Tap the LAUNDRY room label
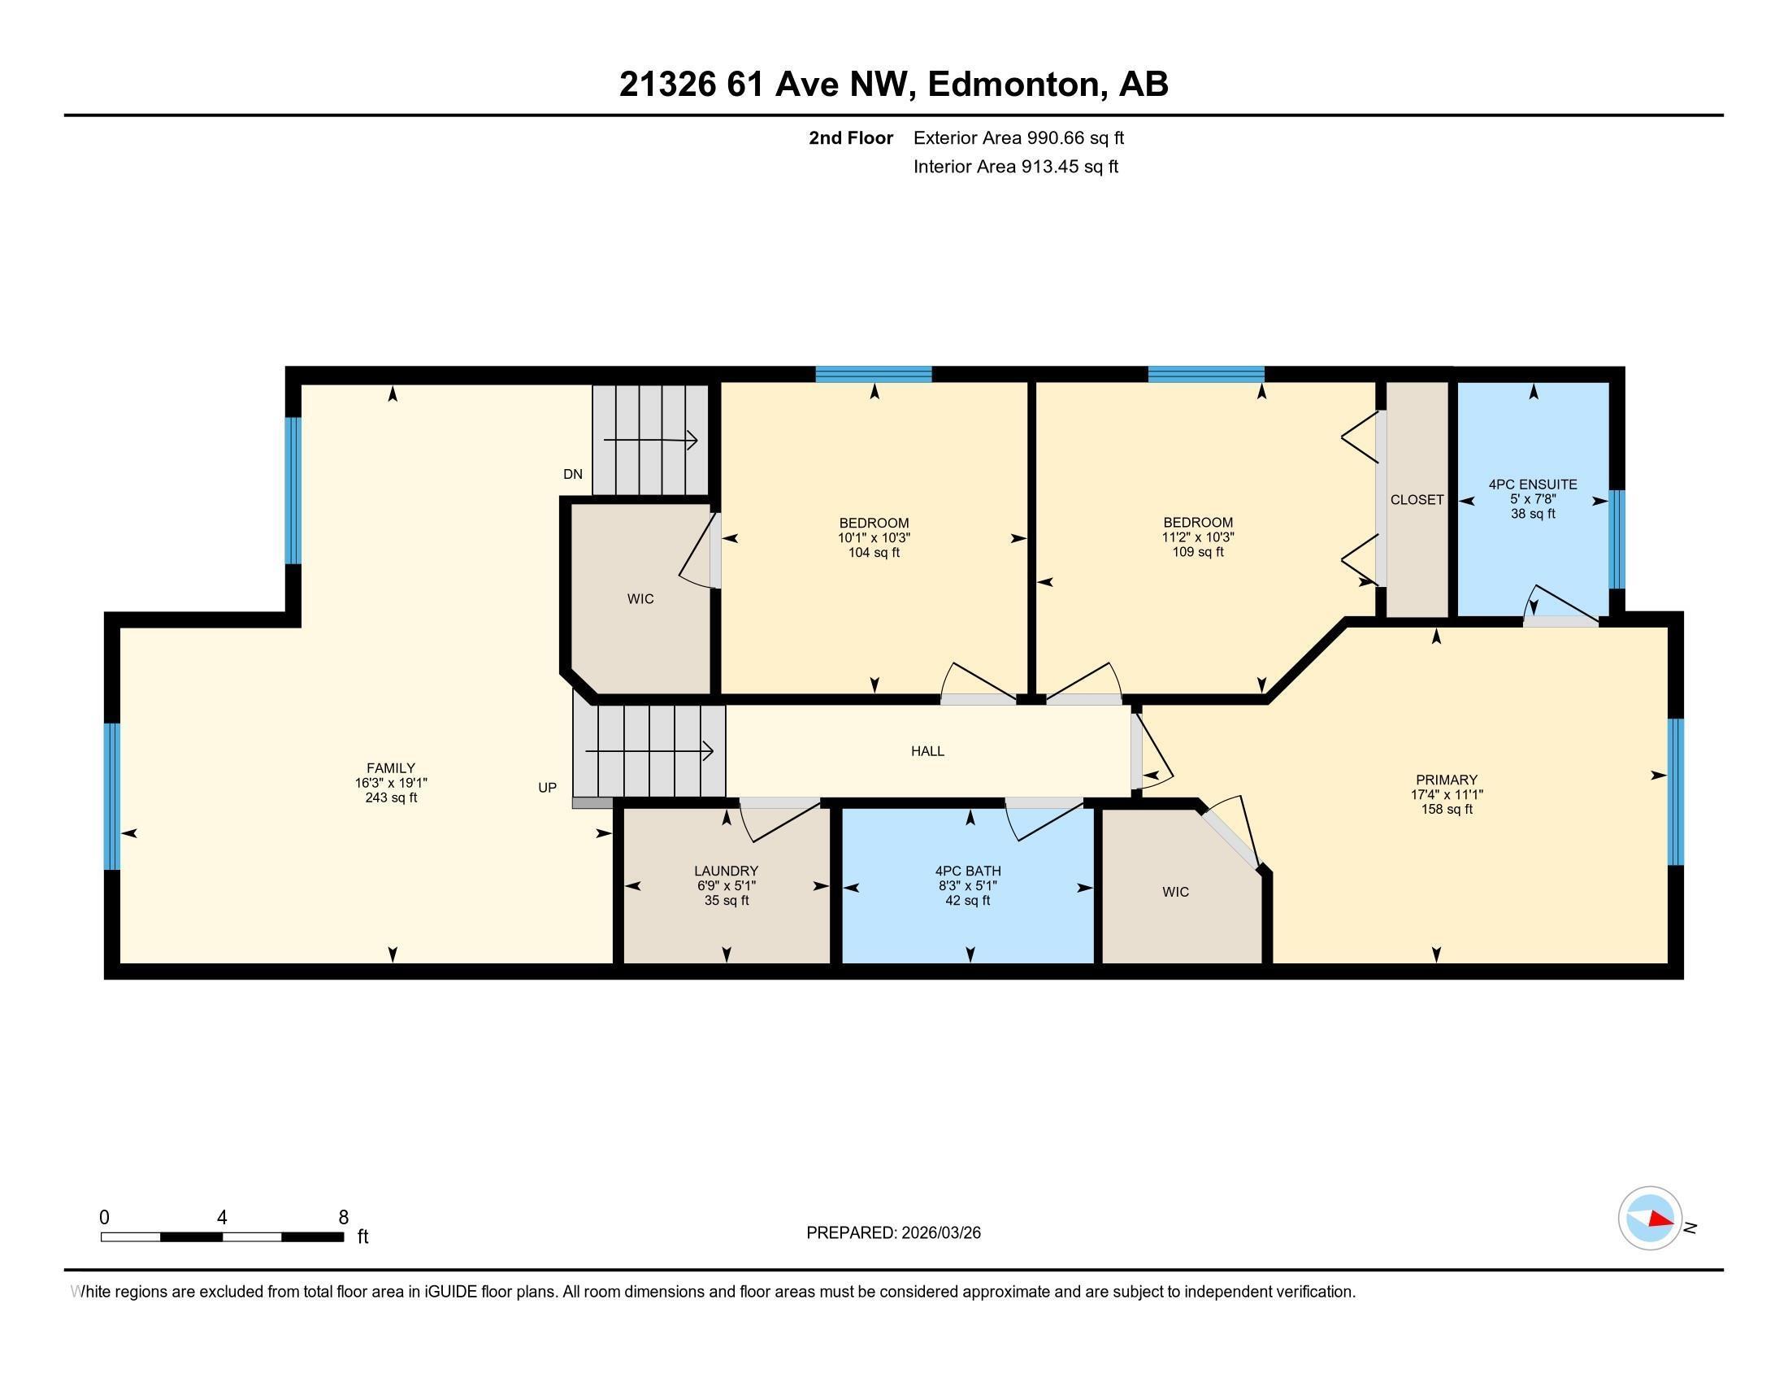coord(725,871)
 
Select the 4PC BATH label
coord(968,871)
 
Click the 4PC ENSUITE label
coord(1533,485)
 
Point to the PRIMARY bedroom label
coord(1446,780)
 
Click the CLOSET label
coord(1417,499)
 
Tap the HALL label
coord(927,751)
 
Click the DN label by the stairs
coord(573,474)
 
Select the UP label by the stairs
coord(547,788)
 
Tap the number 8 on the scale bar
coord(343,1218)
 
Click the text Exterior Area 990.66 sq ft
coord(1018,137)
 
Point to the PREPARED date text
coord(893,1233)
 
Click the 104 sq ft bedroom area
coord(874,553)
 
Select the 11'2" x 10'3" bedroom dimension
coord(1198,538)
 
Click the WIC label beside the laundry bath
coord(1175,892)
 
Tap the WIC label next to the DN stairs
coord(640,599)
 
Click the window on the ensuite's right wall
coord(1616,540)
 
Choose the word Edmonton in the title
coord(1012,85)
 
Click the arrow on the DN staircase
coord(651,441)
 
